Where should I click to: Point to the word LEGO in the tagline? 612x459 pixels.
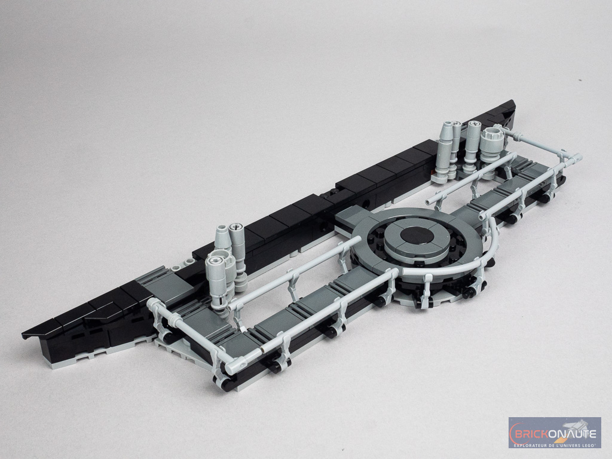[x=588, y=445]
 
